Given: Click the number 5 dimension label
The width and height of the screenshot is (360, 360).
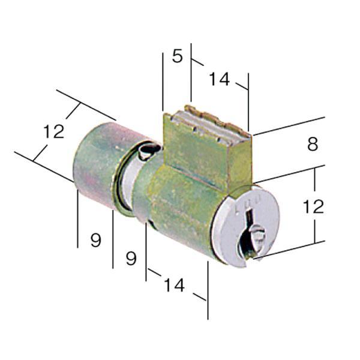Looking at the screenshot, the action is click(178, 56).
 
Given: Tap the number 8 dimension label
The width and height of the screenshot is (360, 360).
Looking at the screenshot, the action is click(313, 144).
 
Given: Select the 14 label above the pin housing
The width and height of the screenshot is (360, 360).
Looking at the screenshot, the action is click(219, 79).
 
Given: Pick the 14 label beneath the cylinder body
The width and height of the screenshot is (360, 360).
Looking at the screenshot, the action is click(174, 285).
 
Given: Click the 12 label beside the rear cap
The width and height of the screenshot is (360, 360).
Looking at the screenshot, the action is click(54, 131).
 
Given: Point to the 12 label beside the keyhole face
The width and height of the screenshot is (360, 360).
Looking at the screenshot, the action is click(313, 206).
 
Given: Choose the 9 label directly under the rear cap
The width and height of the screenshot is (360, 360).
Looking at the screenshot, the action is click(96, 240).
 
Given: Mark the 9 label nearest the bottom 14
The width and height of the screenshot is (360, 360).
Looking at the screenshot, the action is click(131, 259).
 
